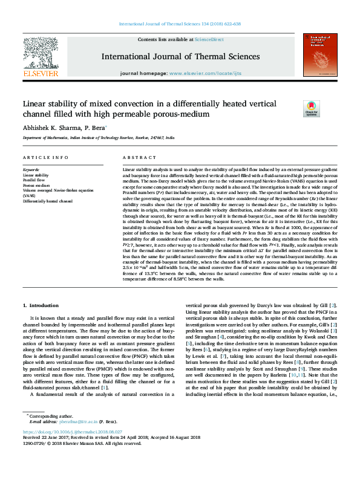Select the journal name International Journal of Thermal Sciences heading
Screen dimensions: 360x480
pos(180,57)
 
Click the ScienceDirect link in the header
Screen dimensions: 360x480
pos(209,39)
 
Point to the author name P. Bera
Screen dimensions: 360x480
pos(94,128)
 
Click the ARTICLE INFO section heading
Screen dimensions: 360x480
pos(45,157)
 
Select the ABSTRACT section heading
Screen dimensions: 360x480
pos(134,157)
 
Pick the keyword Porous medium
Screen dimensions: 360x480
pos(36,185)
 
